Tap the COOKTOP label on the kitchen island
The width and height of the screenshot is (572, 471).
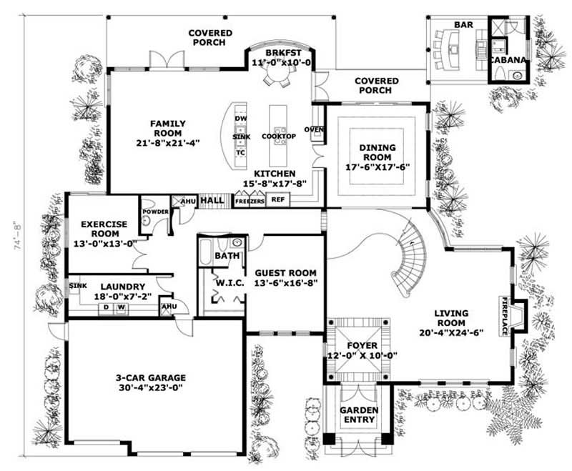coord(275,136)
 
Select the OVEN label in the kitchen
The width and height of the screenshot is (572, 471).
coord(314,129)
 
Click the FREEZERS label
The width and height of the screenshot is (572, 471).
coord(250,202)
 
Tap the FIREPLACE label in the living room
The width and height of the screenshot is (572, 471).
coord(504,316)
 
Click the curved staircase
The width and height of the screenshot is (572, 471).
coord(411,257)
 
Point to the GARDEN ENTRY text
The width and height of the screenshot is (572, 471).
coord(358,415)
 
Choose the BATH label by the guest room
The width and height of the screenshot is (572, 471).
coord(227,255)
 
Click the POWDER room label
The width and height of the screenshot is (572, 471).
coord(155,212)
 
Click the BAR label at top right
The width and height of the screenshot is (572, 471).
coord(463,25)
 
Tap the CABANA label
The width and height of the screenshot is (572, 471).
coord(508,61)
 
